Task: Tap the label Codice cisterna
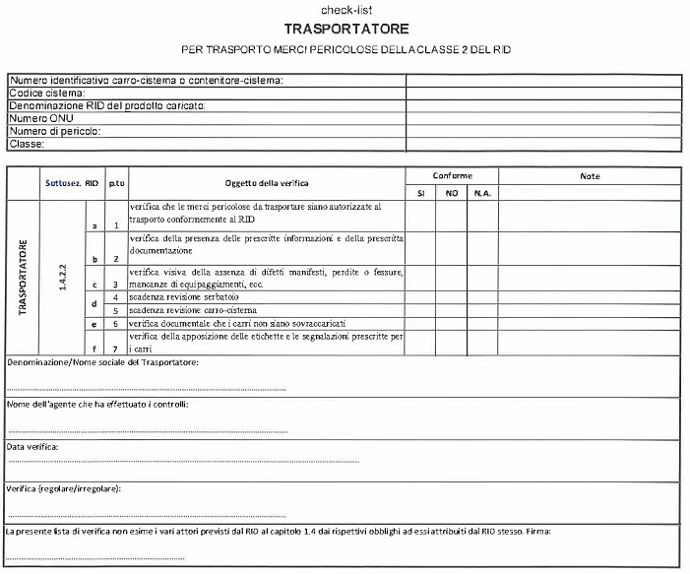(46, 94)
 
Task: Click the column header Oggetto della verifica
(266, 184)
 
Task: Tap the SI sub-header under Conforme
(420, 193)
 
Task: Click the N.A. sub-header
(482, 193)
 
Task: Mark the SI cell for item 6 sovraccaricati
(420, 323)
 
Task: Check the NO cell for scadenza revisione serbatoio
(452, 296)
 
